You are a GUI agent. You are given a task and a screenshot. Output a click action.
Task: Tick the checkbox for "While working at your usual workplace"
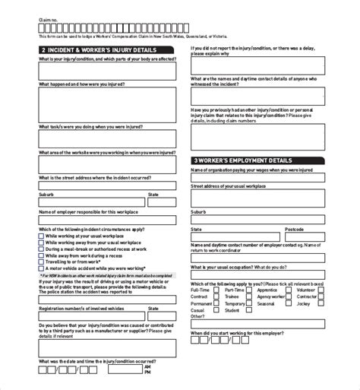pyautogui.click(x=40, y=236)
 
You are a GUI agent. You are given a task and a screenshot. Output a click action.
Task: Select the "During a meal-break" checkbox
pyautogui.click(x=40, y=249)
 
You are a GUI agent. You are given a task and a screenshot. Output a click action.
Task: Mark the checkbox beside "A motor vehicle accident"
pyautogui.click(x=40, y=268)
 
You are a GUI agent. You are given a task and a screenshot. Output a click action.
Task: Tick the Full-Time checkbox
pyautogui.click(x=216, y=290)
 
